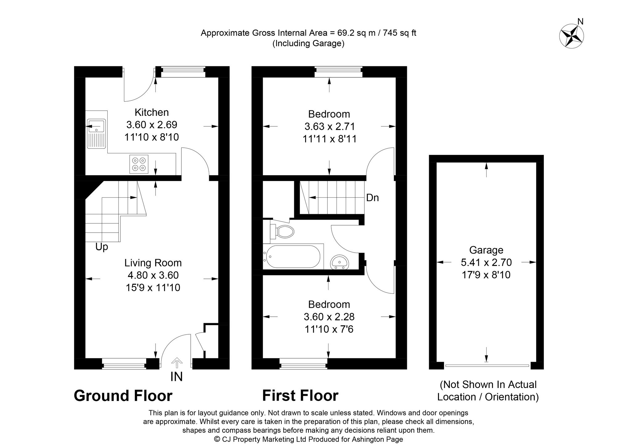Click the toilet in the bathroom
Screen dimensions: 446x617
click(x=283, y=232)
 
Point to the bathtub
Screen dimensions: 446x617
click(x=292, y=256)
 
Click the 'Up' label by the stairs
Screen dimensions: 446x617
click(x=102, y=247)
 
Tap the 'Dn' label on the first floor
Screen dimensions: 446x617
click(x=372, y=198)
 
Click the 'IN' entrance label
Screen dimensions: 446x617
click(x=176, y=377)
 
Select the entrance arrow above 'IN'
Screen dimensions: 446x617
click(x=176, y=362)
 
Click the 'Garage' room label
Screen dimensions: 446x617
click(x=486, y=250)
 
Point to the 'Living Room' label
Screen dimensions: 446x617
click(x=153, y=263)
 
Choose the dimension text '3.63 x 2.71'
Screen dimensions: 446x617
click(x=329, y=126)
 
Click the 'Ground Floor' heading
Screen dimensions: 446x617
click(x=123, y=396)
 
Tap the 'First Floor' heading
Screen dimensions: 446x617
click(x=300, y=396)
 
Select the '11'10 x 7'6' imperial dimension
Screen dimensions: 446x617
click(x=329, y=329)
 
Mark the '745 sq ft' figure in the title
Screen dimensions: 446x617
click(x=400, y=33)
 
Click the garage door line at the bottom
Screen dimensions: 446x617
click(x=487, y=365)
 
